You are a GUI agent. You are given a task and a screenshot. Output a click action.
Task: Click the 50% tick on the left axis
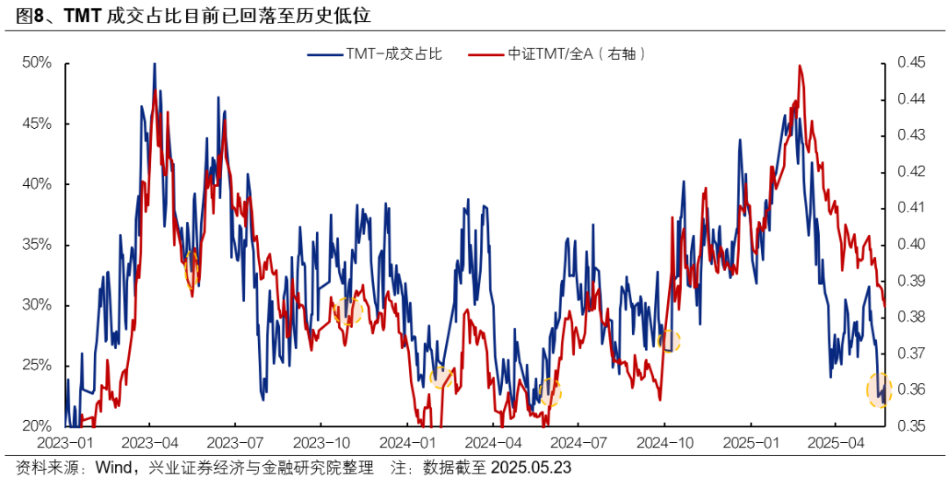pyautogui.click(x=38, y=63)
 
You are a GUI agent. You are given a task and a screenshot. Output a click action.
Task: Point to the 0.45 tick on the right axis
pyautogui.click(x=912, y=63)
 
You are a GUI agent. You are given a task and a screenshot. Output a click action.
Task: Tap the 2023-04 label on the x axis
pyautogui.click(x=151, y=444)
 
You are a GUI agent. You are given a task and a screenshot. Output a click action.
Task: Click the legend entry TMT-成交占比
pyautogui.click(x=375, y=54)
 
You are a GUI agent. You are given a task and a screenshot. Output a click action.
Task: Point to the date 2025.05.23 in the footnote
pyautogui.click(x=534, y=467)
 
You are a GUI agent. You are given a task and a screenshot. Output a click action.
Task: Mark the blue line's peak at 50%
pyautogui.click(x=154, y=64)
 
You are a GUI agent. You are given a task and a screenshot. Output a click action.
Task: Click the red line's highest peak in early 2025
pyautogui.click(x=800, y=66)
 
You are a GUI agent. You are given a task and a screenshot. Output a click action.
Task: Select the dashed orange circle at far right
pyautogui.click(x=880, y=389)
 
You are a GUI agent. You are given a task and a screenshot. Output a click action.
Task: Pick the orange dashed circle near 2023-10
pyautogui.click(x=348, y=310)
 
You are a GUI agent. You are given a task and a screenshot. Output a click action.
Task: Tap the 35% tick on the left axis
pyautogui.click(x=38, y=245)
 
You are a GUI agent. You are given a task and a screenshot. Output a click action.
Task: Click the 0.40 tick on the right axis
pyautogui.click(x=912, y=245)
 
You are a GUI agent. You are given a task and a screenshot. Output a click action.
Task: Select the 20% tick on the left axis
pyautogui.click(x=38, y=426)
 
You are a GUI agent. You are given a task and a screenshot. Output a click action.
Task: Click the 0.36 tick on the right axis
pyautogui.click(x=912, y=389)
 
